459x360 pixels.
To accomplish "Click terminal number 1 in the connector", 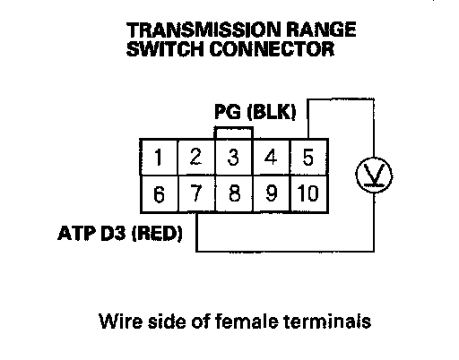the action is tap(159, 157).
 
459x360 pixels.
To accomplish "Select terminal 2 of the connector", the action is tap(196, 157).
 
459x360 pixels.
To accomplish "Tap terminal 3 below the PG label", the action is tap(234, 157).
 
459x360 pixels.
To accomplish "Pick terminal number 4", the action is tap(271, 157).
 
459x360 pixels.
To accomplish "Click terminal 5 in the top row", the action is tap(309, 157).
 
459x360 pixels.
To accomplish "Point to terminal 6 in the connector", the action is tap(159, 193).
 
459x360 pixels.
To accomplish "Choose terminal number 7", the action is tap(196, 193).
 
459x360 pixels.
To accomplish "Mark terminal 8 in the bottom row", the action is tap(234, 193).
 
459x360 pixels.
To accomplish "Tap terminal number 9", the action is tap(272, 193).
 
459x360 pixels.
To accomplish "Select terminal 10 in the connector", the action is tap(309, 193).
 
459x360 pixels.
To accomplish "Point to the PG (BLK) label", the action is tap(255, 112).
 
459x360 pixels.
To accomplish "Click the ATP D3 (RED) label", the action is tap(120, 233).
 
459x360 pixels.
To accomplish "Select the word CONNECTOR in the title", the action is tap(272, 48).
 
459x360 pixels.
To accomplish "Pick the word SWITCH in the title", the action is tap(166, 48).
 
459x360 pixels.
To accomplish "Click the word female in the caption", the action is tap(247, 321).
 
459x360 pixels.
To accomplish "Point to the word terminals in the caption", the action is tap(327, 321).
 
